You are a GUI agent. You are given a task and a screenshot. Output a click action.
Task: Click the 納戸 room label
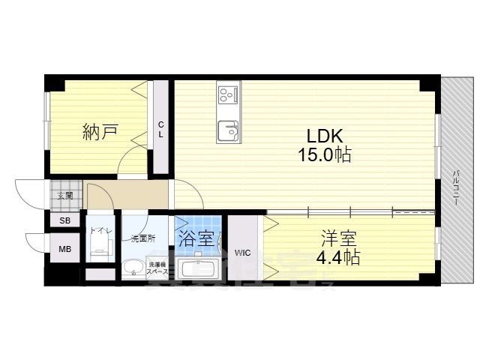coord(100,133)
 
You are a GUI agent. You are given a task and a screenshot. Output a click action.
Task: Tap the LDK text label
coord(323,136)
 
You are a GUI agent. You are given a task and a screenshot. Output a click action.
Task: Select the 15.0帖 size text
coord(323,156)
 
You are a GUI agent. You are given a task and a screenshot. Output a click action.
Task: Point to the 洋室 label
coord(337,239)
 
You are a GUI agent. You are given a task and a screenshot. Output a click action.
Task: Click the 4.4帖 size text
coord(337,258)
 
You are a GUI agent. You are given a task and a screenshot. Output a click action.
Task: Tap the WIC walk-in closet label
coord(242,253)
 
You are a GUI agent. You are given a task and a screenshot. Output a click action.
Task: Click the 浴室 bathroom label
coord(196,240)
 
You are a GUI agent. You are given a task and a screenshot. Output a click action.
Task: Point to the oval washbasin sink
coord(134,268)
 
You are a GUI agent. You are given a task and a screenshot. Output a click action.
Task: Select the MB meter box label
coord(64,250)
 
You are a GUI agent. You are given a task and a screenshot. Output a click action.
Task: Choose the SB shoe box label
coord(64,220)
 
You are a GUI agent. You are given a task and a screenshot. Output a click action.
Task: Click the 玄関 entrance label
coord(65,196)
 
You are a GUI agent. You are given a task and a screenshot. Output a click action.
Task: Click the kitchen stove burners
coord(227,95)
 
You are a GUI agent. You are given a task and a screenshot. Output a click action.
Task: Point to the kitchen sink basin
coord(227,132)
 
